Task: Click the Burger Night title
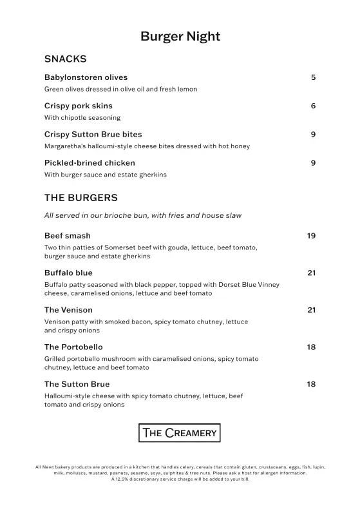pyautogui.click(x=180, y=36)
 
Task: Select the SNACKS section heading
pyautogui.click(x=65, y=59)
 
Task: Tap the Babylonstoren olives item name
pyautogui.click(x=86, y=77)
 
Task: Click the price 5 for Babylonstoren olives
pyautogui.click(x=313, y=77)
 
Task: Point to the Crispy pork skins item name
pyautogui.click(x=78, y=106)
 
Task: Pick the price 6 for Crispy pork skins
pyautogui.click(x=313, y=106)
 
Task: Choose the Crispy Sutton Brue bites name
pyautogui.click(x=93, y=134)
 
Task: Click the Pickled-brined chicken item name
pyautogui.click(x=90, y=162)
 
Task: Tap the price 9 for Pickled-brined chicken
pyautogui.click(x=313, y=162)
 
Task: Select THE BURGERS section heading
pyautogui.click(x=81, y=197)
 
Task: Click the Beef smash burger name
pyautogui.click(x=67, y=236)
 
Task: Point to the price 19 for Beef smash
pyautogui.click(x=311, y=236)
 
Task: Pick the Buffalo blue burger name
pyautogui.click(x=68, y=273)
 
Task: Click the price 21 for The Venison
pyautogui.click(x=311, y=310)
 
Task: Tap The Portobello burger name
pyautogui.click(x=73, y=347)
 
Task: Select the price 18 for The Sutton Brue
pyautogui.click(x=311, y=384)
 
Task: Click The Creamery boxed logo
pyautogui.click(x=180, y=432)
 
